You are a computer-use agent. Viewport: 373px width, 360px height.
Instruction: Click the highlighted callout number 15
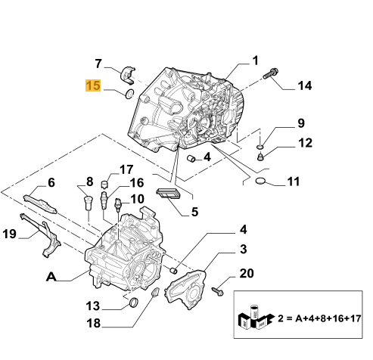pyautogui.click(x=93, y=86)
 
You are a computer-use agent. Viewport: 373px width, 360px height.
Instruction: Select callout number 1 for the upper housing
pyautogui.click(x=255, y=61)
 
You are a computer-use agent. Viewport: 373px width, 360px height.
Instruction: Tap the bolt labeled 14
pyautogui.click(x=271, y=75)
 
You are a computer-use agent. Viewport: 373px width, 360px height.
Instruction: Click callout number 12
pyautogui.click(x=303, y=143)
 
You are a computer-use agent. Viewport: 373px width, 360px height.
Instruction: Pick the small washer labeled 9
pyautogui.click(x=260, y=144)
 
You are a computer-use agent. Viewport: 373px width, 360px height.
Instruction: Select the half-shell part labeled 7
pyautogui.click(x=129, y=74)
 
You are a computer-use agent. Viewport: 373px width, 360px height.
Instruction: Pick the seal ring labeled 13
pyautogui.click(x=133, y=304)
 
